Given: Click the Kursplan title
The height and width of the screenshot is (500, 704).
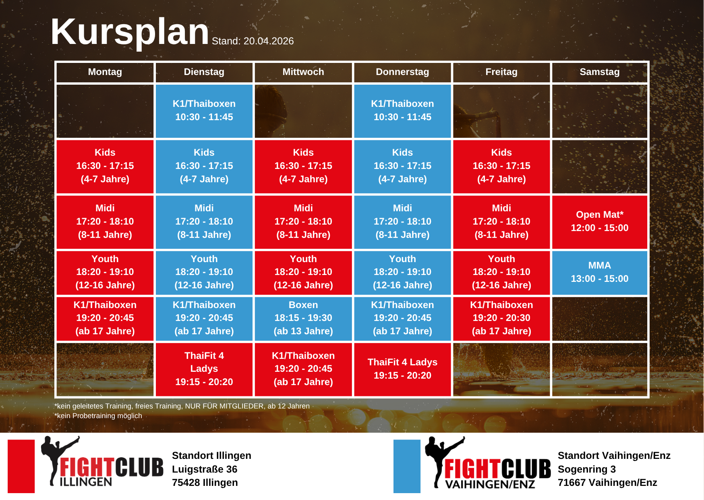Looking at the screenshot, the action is (x=130, y=32).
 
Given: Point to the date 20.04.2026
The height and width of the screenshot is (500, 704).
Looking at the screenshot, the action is (x=269, y=41).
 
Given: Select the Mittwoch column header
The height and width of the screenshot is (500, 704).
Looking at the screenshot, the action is (x=303, y=72).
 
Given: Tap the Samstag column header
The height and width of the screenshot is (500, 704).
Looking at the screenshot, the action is (x=600, y=72).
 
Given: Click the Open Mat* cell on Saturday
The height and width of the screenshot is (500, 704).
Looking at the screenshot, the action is (x=600, y=222).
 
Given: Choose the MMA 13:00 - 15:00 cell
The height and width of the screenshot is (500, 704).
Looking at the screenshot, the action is (x=600, y=273).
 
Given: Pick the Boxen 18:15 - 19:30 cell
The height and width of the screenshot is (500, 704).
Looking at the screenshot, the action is (x=303, y=318).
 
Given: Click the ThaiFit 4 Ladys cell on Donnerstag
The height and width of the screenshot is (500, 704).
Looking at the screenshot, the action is (x=402, y=369).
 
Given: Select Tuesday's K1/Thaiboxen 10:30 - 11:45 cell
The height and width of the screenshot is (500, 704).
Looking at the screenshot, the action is (x=204, y=111).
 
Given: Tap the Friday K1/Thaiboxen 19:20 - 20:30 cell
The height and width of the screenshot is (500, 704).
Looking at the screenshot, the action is (x=501, y=318).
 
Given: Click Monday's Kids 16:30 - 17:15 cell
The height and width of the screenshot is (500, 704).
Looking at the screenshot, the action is (x=105, y=166).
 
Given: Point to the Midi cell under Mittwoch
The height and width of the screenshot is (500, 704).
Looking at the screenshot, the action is (x=303, y=222).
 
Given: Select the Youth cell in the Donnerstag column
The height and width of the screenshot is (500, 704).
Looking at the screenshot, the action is (x=402, y=273).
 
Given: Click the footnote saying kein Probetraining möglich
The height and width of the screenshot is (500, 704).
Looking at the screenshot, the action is (x=98, y=416).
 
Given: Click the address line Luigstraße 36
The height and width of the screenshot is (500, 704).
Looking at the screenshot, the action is (x=205, y=469).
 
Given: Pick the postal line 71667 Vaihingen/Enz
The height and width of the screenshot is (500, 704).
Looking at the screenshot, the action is (x=607, y=483).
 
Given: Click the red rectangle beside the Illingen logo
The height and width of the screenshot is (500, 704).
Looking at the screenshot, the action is (x=21, y=466).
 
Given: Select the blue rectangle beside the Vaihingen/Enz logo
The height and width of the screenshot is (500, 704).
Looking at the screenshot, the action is (x=407, y=466).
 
